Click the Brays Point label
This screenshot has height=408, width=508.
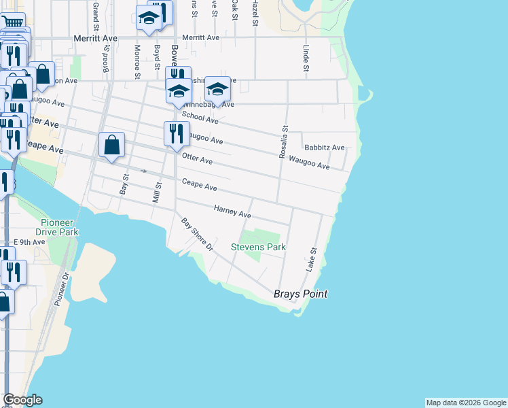[x=300, y=294]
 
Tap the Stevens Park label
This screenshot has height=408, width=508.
[x=258, y=248]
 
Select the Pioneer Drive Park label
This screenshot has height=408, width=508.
[x=60, y=227]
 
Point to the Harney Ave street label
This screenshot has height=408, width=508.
[x=232, y=212]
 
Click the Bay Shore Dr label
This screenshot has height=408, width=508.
[x=197, y=234]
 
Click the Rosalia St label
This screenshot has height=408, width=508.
[x=285, y=141]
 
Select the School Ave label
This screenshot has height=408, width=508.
[x=200, y=117]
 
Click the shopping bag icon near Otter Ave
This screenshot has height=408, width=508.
[x=111, y=146]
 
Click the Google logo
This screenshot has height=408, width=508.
[x=22, y=400]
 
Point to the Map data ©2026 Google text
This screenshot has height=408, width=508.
[x=465, y=403]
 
